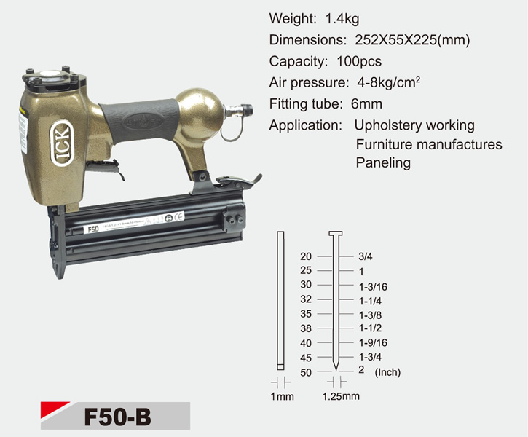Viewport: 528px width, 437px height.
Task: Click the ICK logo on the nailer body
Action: click(61, 143)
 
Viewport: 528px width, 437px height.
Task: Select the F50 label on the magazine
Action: click(93, 229)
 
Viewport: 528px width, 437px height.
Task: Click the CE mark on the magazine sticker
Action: click(178, 216)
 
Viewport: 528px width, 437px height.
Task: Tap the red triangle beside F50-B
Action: click(55, 410)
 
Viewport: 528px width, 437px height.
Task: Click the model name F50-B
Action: click(117, 417)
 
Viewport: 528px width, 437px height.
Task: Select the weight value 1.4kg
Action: click(342, 19)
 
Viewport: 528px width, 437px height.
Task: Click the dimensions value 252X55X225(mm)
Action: click(412, 40)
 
